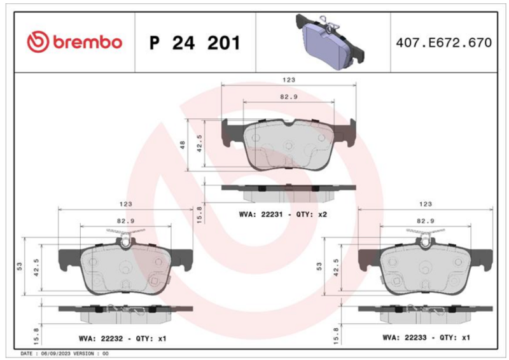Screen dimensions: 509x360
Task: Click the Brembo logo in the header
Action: [x=74, y=42]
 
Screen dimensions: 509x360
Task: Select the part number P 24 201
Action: [x=195, y=43]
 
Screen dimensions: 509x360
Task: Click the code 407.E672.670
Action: [x=443, y=43]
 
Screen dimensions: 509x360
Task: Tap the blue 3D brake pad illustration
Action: [x=330, y=41]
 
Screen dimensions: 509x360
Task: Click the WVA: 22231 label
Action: [x=261, y=214]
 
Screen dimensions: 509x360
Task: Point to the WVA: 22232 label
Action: [x=101, y=338]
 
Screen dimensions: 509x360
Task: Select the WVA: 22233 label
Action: [x=405, y=338]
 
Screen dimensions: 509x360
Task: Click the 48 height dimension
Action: [x=183, y=145]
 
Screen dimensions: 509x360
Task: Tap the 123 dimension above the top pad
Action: [x=289, y=80]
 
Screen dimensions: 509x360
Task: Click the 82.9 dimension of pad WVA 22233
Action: [x=426, y=221]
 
